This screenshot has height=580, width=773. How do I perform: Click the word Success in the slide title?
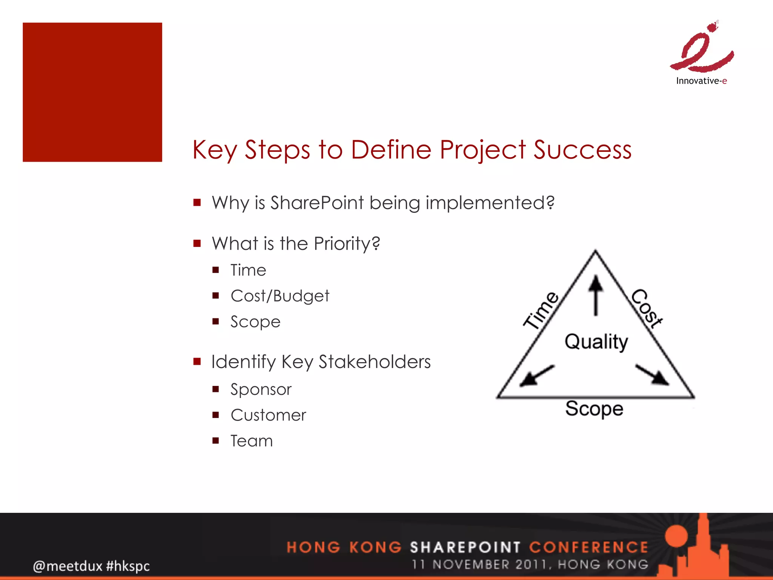[582, 150]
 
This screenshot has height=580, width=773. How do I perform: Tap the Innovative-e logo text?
[701, 81]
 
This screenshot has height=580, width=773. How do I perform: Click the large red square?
[92, 92]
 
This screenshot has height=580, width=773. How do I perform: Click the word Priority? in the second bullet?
[347, 244]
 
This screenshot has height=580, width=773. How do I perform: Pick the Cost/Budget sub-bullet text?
[280, 296]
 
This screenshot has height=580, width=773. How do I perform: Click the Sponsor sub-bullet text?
[261, 389]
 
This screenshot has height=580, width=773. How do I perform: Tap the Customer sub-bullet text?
[268, 415]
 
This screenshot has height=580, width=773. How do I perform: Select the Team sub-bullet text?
[251, 441]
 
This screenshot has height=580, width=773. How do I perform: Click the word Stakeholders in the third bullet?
[374, 362]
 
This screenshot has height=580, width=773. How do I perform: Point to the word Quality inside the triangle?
[596, 342]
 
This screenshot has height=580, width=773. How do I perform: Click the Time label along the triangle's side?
[541, 310]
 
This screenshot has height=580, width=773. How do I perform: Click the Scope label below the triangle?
[594, 409]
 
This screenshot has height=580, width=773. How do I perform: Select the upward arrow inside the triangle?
[596, 295]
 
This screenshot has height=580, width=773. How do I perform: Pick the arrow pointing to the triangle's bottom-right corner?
[652, 375]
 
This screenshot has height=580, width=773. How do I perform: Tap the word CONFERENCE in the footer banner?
[588, 547]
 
